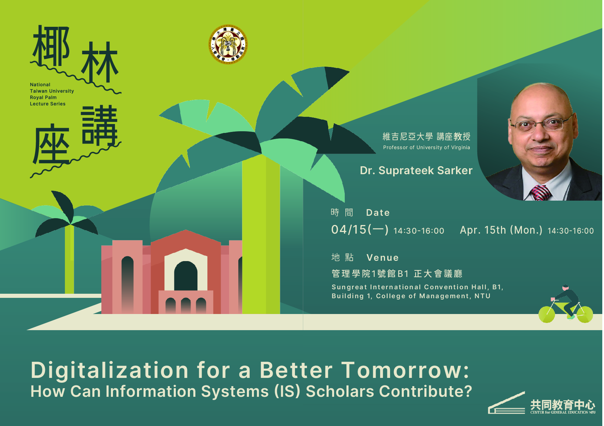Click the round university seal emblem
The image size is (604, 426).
[x=228, y=44]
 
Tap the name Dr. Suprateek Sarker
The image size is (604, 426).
[x=416, y=170]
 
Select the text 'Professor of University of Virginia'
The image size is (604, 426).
[x=426, y=147]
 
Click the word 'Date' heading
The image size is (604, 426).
[x=378, y=213]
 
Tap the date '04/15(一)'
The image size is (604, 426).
[x=360, y=229]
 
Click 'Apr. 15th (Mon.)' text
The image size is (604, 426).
[x=501, y=230]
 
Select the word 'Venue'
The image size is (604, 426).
[x=383, y=258]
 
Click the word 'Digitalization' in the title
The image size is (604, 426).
[x=110, y=370]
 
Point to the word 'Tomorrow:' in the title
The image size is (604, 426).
[x=405, y=370]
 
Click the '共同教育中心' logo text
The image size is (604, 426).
[x=562, y=405]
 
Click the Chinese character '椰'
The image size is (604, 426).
[x=52, y=45]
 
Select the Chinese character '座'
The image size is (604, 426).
[x=52, y=144]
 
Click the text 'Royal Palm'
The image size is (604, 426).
[x=43, y=98]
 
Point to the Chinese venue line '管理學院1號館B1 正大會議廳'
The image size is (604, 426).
[x=397, y=274]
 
